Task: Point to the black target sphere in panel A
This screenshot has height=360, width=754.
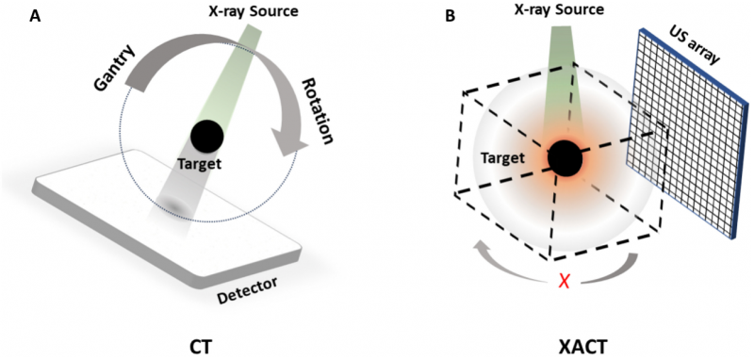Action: click(x=206, y=138)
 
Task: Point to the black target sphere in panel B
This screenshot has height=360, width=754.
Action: click(x=565, y=157)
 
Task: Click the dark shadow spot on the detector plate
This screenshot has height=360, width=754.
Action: click(x=172, y=205)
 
